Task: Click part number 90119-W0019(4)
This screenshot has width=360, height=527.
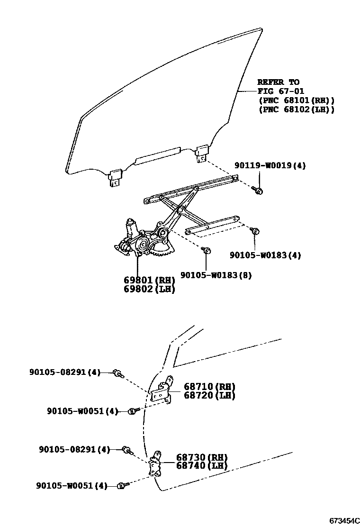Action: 270,166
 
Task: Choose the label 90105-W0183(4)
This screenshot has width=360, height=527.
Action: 266,255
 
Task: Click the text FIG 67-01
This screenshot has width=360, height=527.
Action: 281,91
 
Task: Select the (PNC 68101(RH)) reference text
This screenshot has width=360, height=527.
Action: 297,100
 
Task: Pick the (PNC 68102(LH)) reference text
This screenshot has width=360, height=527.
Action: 297,109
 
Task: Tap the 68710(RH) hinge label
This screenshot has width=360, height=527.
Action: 203,387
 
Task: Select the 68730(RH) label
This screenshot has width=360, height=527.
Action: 202,457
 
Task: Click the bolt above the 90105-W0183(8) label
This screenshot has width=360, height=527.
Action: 207,251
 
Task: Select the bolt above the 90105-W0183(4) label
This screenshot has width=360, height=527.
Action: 255,231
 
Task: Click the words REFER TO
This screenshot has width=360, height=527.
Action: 279,82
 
